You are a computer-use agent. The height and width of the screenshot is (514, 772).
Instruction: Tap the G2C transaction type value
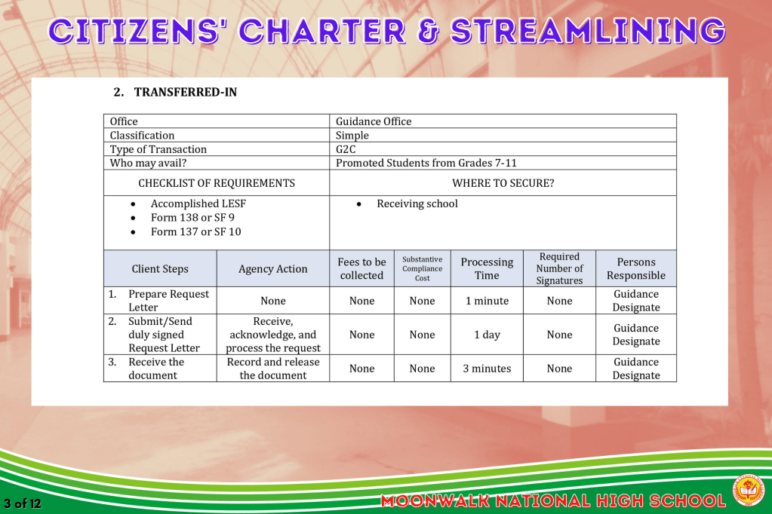pos(345,149)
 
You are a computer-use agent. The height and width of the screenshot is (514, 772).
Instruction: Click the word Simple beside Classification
pos(352,135)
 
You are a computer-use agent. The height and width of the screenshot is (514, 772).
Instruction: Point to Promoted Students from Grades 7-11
pos(426,163)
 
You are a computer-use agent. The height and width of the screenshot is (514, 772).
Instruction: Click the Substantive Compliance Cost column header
pos(423,268)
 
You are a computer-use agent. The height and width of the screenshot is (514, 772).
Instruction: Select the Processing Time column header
pos(487,268)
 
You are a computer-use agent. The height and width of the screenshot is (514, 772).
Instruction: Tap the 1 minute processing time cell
pos(487,301)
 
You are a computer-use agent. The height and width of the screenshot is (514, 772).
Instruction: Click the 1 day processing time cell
pos(487,335)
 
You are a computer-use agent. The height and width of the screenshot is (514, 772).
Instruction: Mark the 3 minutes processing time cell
pos(487,369)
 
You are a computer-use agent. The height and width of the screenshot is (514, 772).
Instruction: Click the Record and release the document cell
pos(272,369)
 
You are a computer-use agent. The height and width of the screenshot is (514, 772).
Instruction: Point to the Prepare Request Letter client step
pos(168,301)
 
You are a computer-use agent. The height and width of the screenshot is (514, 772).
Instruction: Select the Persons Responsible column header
pos(636,268)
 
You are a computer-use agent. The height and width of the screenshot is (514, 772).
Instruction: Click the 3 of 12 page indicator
pos(22,503)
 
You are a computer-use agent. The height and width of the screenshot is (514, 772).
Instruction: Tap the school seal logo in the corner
pos(748,490)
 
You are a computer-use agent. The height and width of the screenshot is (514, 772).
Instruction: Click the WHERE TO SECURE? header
pos(503,183)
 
